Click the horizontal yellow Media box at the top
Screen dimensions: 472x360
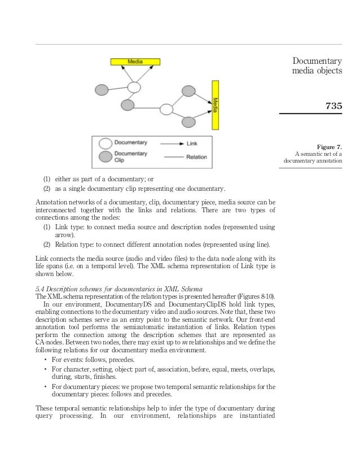134,62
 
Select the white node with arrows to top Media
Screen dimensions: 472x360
134,87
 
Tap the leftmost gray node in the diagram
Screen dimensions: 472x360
102,90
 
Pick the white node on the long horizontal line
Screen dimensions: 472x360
166,109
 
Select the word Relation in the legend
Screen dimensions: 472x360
196,157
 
